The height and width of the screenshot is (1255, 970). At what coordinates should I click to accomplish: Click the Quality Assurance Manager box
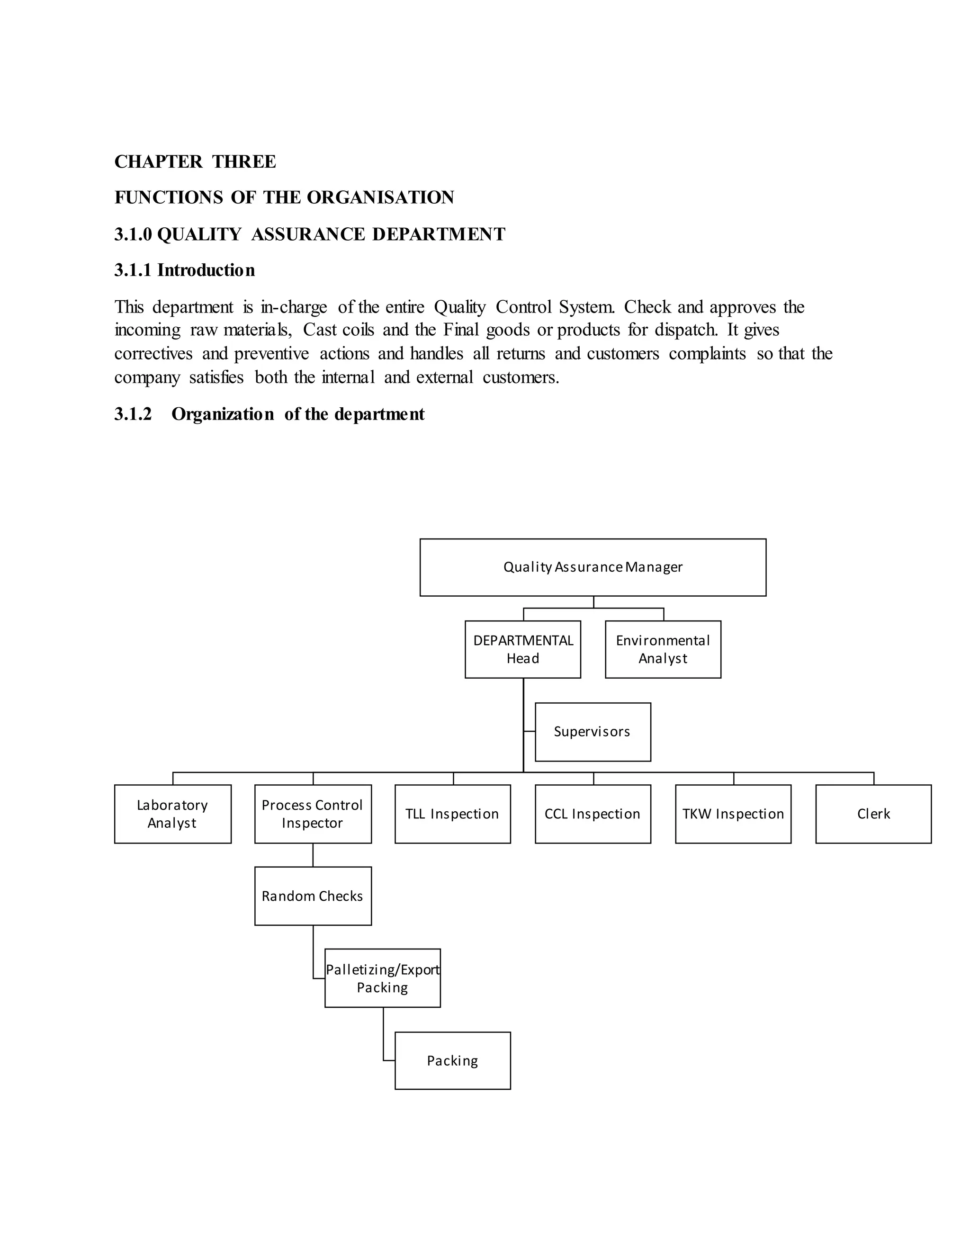tap(593, 567)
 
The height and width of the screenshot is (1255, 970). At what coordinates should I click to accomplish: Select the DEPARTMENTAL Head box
tap(522, 649)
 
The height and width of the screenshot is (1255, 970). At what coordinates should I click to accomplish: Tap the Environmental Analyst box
tap(663, 649)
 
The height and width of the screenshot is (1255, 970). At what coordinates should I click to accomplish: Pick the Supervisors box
tap(593, 732)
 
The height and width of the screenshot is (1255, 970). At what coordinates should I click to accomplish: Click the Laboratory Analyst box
tap(172, 814)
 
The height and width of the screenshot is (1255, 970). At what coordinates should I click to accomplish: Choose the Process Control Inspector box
tap(313, 814)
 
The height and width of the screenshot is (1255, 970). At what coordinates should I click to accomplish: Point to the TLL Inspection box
tap(452, 814)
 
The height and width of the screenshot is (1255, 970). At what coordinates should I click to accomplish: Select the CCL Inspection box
tap(593, 814)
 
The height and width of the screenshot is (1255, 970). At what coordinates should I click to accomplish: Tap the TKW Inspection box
tap(733, 814)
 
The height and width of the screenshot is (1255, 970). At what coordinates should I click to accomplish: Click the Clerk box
tap(873, 814)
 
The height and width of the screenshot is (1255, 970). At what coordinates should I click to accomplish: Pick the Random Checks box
tap(313, 896)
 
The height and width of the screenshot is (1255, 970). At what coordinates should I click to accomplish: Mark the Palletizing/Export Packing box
tap(382, 978)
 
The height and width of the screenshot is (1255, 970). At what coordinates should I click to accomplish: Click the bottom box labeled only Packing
tap(452, 1061)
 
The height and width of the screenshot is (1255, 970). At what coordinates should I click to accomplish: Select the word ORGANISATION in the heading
tap(380, 197)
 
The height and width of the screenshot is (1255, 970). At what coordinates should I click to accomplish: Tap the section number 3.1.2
tap(133, 414)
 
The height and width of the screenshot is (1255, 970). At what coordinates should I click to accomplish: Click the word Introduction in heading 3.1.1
tap(206, 270)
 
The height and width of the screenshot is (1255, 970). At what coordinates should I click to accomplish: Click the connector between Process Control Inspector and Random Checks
tap(313, 855)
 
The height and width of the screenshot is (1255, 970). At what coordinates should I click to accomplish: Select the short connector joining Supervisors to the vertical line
tap(529, 732)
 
